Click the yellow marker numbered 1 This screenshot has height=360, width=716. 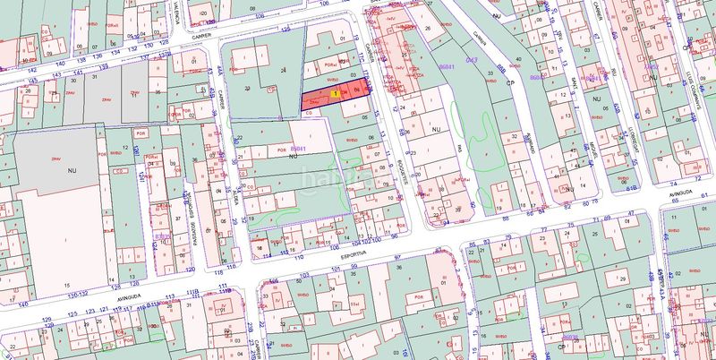point(335,93)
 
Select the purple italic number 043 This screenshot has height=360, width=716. point(473,60)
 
